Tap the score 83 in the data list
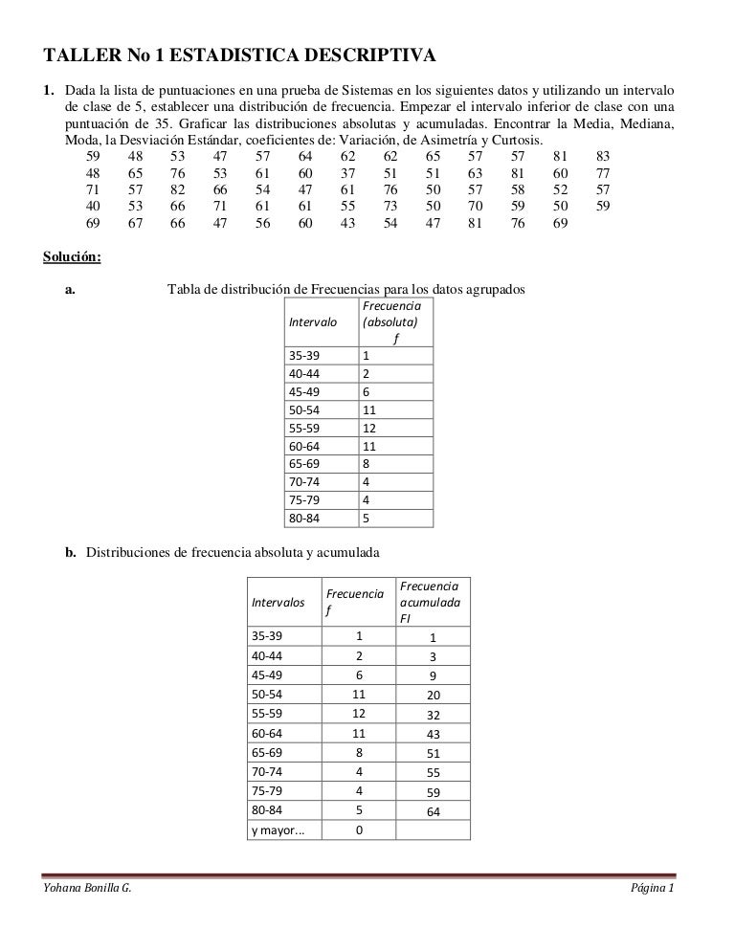(603, 156)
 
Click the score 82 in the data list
(177, 189)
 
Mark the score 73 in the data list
(390, 206)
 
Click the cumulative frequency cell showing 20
(433, 695)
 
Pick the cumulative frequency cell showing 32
(433, 714)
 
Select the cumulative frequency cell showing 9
(433, 675)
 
